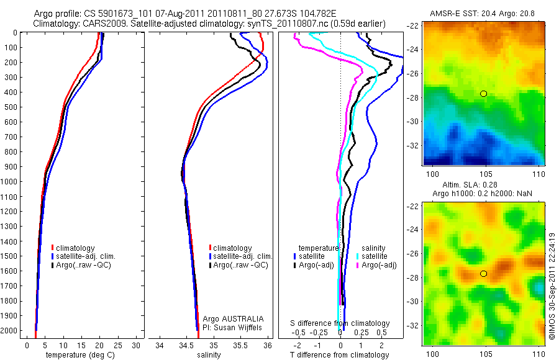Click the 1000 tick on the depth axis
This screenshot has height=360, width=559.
tap(11, 181)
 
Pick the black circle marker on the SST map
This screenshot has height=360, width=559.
tap(483, 94)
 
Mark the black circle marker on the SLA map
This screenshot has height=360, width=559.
tap(483, 274)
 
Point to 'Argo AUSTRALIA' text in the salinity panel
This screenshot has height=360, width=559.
tap(229, 318)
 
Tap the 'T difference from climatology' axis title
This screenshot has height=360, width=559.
tap(339, 355)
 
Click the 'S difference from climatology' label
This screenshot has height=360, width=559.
tap(340, 323)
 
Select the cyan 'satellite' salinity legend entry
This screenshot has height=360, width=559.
tap(375, 256)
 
